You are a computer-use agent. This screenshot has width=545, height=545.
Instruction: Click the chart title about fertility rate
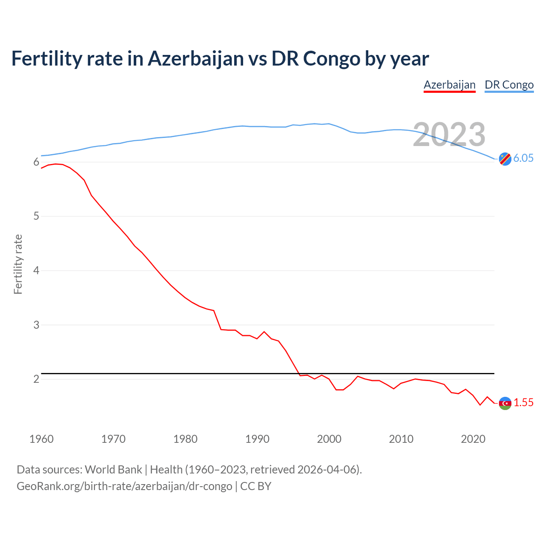[x=220, y=58]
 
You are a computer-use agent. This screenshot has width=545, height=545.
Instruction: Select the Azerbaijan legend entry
[x=449, y=85]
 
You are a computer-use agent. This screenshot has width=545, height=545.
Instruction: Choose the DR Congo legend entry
[x=509, y=85]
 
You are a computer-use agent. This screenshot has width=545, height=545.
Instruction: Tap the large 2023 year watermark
[x=449, y=135]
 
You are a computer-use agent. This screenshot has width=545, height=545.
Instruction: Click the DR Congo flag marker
[x=505, y=158]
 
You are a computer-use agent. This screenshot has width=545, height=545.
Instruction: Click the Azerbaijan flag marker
[x=505, y=403]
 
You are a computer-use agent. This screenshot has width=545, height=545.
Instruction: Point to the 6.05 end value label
[x=523, y=158]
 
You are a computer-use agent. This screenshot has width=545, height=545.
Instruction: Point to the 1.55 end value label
[x=523, y=403]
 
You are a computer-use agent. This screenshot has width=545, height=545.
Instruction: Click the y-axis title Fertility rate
[x=18, y=264]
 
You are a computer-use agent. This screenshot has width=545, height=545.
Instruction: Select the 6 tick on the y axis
[x=36, y=162]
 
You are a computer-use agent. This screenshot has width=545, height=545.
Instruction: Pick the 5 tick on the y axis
[x=36, y=216]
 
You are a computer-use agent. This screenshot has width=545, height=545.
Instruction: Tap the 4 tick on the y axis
[x=36, y=271]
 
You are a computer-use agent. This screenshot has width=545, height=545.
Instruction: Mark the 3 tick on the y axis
[x=36, y=325]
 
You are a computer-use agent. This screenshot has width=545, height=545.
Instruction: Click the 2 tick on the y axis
[x=36, y=379]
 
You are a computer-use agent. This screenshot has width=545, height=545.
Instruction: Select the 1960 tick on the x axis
[x=41, y=439]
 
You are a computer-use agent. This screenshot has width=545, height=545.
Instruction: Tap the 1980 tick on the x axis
[x=185, y=439]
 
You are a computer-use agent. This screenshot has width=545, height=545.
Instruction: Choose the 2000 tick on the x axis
[x=329, y=439]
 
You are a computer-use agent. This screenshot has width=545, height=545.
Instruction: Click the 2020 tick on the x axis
[x=473, y=439]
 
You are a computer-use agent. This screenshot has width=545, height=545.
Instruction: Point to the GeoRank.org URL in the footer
[x=124, y=486]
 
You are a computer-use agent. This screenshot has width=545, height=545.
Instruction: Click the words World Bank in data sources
[x=113, y=470]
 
